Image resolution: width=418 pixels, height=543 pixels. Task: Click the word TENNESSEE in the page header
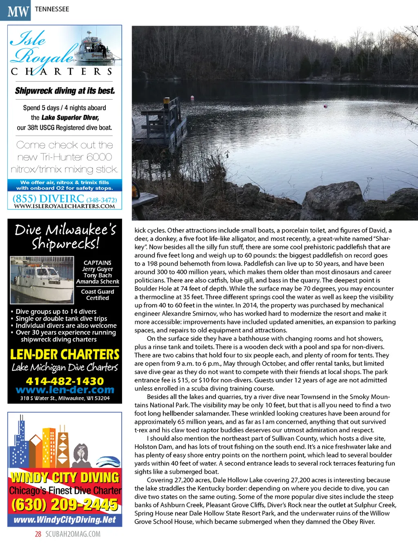52,9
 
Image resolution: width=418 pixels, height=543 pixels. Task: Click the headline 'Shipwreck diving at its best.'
65,91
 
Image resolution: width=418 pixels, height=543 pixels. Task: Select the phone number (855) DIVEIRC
48,199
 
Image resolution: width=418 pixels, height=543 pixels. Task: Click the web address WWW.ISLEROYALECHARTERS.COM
64,206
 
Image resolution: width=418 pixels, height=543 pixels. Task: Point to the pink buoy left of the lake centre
192,97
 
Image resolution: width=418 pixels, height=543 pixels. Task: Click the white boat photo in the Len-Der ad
42,279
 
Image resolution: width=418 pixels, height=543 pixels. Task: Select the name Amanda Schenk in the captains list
98,282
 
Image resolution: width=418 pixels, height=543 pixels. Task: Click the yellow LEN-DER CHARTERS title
64,354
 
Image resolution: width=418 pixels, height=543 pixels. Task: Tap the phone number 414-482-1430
64,381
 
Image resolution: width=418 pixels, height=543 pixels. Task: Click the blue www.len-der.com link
64,390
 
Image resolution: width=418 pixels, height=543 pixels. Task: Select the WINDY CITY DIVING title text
64,477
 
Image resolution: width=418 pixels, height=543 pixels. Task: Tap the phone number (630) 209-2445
64,505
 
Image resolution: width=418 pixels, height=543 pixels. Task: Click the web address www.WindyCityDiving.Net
64,520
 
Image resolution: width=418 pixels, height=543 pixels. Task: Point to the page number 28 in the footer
38,534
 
